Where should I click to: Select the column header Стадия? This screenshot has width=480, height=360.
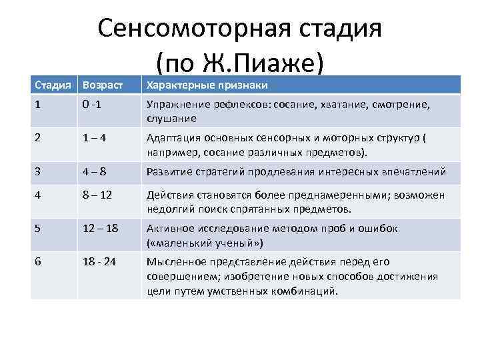point(51,85)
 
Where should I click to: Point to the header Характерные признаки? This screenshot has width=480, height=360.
point(207,85)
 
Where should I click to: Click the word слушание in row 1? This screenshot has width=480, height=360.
point(172,119)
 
